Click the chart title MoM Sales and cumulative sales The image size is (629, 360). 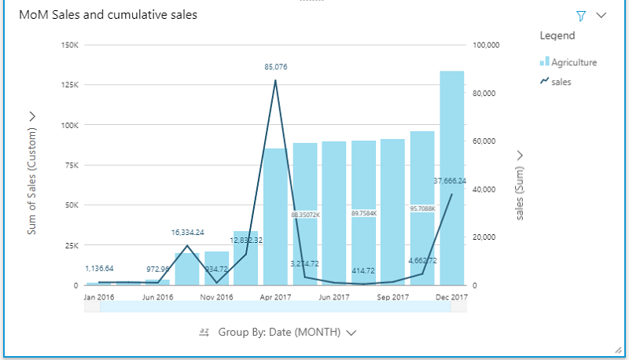[108, 15]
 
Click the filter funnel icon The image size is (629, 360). [581, 15]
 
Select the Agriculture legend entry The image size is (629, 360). [573, 62]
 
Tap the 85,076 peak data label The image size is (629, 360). [275, 68]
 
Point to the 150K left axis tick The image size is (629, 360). [68, 45]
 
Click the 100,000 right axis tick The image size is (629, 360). [487, 45]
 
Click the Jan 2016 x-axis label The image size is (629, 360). [99, 298]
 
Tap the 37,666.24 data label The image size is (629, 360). [450, 181]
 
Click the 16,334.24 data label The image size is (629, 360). [187, 233]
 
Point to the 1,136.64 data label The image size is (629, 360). [99, 269]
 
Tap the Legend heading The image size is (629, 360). [557, 35]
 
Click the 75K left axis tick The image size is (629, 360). [70, 165]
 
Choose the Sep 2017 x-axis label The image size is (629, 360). [392, 298]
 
